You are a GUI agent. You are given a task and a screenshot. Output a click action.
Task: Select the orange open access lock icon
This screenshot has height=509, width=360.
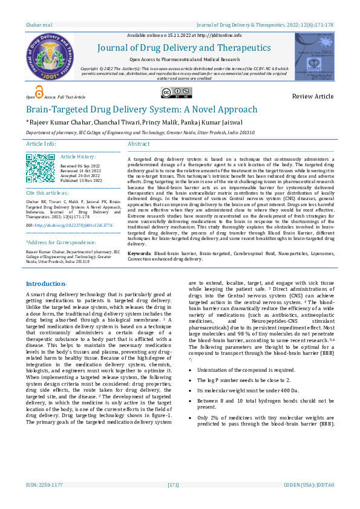(39, 92)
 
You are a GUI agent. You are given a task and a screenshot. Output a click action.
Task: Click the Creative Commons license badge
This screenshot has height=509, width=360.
(175, 92)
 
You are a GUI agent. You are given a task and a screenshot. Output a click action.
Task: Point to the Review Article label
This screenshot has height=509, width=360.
(312, 97)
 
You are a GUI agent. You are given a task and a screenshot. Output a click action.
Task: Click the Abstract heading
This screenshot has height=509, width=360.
(139, 144)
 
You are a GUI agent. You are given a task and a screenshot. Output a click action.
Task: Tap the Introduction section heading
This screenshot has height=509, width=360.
(47, 284)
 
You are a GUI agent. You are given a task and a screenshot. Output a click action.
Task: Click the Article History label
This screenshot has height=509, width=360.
(78, 156)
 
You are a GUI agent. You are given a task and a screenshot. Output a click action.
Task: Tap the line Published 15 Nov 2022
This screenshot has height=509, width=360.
(82, 181)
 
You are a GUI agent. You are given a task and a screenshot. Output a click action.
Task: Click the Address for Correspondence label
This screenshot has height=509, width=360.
(56, 242)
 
